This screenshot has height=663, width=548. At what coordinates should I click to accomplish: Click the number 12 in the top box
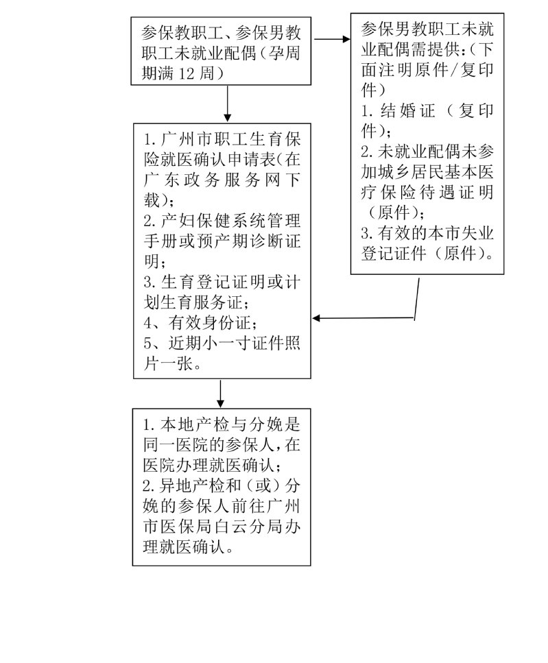coord(186,74)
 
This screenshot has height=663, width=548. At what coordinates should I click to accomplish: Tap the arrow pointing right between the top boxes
coord(332,39)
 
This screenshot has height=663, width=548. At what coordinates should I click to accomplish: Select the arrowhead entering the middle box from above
coord(228,117)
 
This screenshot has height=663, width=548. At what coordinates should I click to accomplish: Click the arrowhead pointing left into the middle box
coord(316,318)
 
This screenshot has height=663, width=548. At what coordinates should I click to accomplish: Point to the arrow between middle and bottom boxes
coord(220,394)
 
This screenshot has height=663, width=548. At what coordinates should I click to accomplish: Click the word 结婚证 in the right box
coord(407,111)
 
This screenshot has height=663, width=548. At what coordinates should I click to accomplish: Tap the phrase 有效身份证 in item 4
coord(210,323)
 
